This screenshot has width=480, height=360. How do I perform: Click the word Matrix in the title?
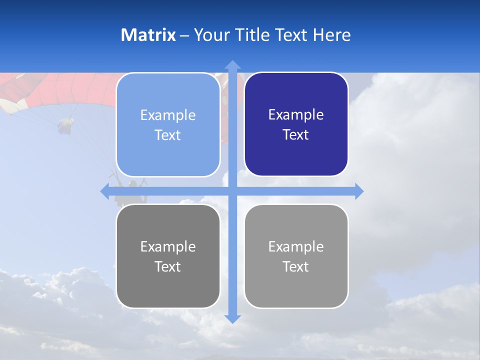[x=148, y=35]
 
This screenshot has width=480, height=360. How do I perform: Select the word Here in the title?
[x=331, y=35]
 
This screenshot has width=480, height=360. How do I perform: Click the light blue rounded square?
[x=168, y=124]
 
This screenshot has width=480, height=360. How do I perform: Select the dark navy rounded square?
[x=296, y=124]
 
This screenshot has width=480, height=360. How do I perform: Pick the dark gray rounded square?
[x=168, y=256]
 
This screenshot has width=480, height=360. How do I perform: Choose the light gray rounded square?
[x=296, y=256]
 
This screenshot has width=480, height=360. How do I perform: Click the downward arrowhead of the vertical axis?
[x=232, y=318]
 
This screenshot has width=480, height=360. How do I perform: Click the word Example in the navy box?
[x=296, y=114]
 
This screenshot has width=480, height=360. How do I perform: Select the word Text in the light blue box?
[x=168, y=135]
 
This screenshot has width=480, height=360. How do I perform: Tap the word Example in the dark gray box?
[x=168, y=246]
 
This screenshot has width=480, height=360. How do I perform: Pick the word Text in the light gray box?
[x=296, y=266]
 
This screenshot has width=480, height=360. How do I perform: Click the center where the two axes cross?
[x=232, y=191]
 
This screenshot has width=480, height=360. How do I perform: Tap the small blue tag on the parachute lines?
[x=65, y=125]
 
